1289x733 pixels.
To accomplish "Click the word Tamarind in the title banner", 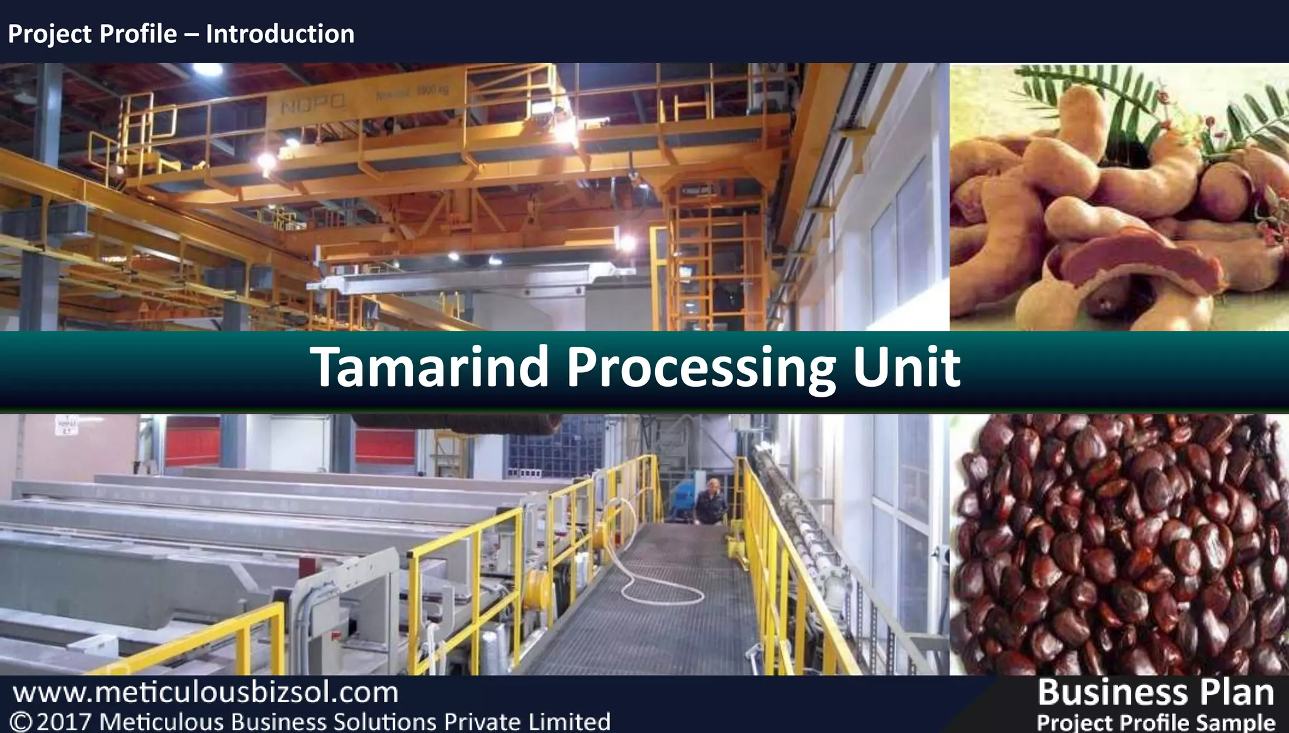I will (x=430, y=368).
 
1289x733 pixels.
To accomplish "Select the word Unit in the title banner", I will (x=906, y=368).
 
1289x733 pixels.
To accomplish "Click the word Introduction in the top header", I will (x=280, y=34).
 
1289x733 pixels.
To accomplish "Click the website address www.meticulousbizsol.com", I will (x=206, y=693).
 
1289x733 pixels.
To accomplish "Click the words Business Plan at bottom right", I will (x=1156, y=692).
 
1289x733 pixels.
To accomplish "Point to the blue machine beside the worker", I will (x=683, y=497).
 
